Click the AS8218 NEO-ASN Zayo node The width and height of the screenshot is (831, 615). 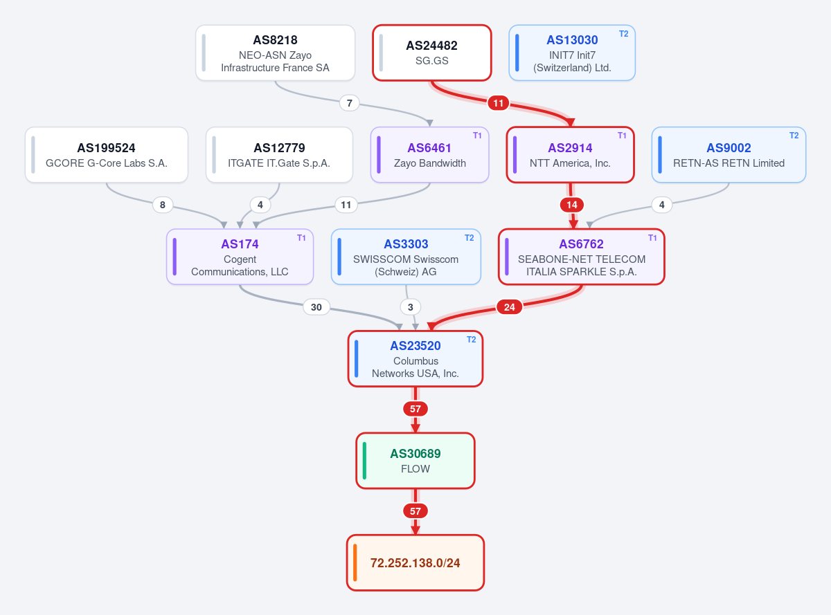pos(275,53)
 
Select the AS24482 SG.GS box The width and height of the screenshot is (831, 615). pos(431,53)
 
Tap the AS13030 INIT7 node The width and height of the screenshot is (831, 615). pos(572,53)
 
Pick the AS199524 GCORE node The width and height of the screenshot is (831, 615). pos(107,155)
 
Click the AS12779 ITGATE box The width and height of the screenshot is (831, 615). pos(279,155)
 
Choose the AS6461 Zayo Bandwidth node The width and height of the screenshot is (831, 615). pos(430,155)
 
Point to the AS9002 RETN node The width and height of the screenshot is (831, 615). pos(729,155)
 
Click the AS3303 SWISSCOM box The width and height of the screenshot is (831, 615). pos(406,257)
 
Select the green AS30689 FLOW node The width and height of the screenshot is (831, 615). pos(415,461)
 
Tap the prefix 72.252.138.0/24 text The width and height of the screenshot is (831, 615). pos(415,563)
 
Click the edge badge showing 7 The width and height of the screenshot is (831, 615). pos(350,103)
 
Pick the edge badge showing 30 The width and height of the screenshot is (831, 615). pos(316,307)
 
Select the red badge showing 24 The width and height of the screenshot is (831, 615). pos(509,307)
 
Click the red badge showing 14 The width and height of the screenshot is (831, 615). pos(572,205)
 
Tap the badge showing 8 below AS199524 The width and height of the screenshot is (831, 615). pos(163,205)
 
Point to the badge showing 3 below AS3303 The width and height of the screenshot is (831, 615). pos(410,307)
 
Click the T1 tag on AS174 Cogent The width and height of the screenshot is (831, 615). pos(301,238)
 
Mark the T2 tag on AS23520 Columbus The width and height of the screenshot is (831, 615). pos(471,340)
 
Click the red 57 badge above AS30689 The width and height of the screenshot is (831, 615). pos(415,409)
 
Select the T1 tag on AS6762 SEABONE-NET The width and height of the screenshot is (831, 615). pos(652,238)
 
